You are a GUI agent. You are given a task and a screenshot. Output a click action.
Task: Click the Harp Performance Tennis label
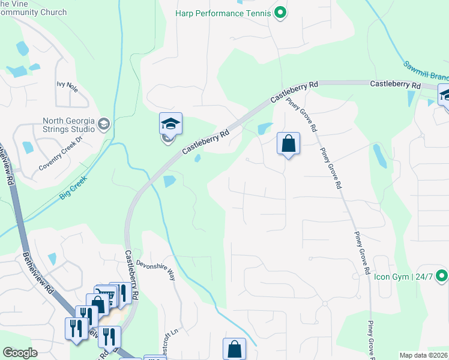pyautogui.click(x=223, y=13)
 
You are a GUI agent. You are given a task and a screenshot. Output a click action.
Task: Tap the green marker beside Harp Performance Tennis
pyautogui.click(x=279, y=12)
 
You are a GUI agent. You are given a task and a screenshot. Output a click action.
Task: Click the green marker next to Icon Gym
pyautogui.click(x=442, y=276)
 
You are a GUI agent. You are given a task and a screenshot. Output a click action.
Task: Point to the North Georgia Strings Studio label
pyautogui.click(x=68, y=124)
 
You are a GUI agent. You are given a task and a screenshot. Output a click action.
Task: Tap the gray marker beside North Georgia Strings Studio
pyautogui.click(x=103, y=124)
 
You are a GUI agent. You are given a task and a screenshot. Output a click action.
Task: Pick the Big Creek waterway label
pyautogui.click(x=73, y=188)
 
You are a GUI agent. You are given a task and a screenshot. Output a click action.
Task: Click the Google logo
pyautogui.click(x=20, y=353)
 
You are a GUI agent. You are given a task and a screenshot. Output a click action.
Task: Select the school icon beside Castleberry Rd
pyautogui.click(x=170, y=124)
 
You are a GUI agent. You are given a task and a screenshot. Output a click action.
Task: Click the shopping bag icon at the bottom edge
pyautogui.click(x=234, y=349)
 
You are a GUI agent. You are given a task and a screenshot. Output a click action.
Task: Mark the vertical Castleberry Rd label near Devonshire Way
pyautogui.click(x=133, y=275)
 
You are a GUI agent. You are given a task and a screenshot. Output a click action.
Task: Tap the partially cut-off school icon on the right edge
pyautogui.click(x=445, y=95)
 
